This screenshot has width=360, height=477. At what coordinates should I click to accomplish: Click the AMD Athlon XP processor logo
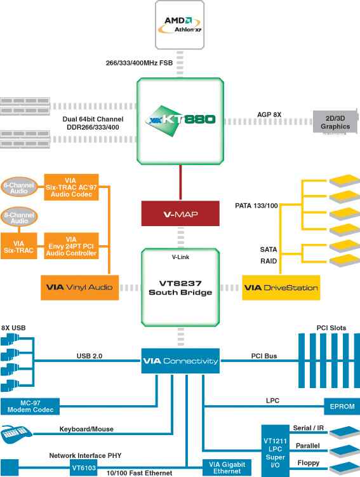pos(180,25)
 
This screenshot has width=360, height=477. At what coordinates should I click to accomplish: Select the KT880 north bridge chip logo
pos(180,120)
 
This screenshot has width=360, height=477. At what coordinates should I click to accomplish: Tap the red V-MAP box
pos(180,213)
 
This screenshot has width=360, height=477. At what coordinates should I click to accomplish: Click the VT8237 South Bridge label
pos(180,288)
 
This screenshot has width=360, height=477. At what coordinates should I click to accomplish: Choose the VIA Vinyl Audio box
pos(79,288)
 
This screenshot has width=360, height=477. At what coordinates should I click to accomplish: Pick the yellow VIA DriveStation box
pos(281,288)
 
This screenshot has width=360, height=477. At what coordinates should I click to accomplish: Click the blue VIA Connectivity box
pos(180,361)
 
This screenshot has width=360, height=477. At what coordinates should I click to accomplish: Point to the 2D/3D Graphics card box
pos(335,122)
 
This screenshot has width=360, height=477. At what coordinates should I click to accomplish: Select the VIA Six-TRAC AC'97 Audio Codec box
pos(71,187)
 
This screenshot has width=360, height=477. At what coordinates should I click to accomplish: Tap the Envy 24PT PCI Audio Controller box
pos(71,246)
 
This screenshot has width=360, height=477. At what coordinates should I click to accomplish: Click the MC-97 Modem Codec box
pos(30,406)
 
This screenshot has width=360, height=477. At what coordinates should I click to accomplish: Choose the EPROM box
pos(342,406)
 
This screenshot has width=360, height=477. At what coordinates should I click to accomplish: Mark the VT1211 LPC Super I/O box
pos(275,451)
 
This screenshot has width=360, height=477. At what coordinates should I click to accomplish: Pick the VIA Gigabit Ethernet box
pos(227,468)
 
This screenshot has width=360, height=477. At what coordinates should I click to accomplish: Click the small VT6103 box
pos(84,467)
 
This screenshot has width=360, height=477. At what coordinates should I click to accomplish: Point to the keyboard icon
pos(17,434)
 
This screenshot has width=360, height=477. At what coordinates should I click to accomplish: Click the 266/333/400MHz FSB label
pos(139,63)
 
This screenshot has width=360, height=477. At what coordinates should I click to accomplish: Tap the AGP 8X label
pos(269,115)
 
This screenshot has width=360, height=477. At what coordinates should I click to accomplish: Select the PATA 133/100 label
pos(257,206)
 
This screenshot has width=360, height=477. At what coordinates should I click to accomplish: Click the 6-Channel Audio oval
pos(19,187)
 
